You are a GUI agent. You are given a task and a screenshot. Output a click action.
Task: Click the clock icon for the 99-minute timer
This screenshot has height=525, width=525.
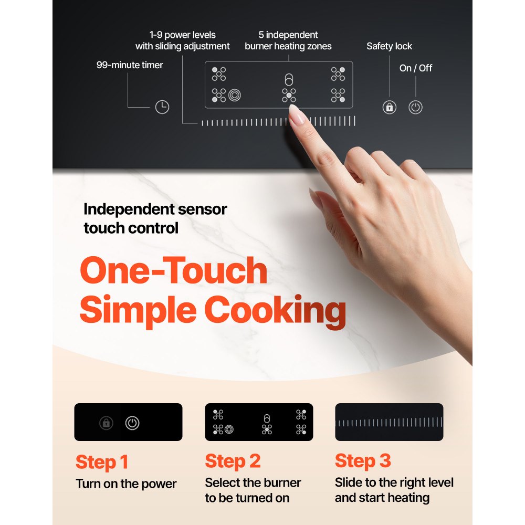pyautogui.click(x=162, y=107)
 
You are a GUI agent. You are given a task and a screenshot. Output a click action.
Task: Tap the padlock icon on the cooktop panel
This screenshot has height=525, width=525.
pyautogui.click(x=389, y=108)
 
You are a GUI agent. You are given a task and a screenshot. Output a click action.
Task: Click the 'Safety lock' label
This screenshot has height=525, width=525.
pyautogui.click(x=389, y=46)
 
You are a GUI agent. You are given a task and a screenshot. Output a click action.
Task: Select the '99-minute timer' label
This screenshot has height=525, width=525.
pyautogui.click(x=130, y=65)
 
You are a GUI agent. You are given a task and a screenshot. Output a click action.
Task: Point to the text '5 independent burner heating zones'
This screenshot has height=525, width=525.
pyautogui.click(x=288, y=40)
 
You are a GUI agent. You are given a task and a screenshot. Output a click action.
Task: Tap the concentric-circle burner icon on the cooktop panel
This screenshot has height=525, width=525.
pyautogui.click(x=234, y=95)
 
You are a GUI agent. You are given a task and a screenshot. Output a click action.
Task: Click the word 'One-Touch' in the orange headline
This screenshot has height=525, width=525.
pyautogui.click(x=173, y=271)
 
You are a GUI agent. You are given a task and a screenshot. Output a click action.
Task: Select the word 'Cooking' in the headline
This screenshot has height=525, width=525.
pyautogui.click(x=275, y=310)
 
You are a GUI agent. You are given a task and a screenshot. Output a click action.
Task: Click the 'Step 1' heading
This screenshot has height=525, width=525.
pyautogui.click(x=102, y=462)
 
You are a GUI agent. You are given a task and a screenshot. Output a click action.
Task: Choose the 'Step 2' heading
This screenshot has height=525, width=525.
pyautogui.click(x=233, y=461)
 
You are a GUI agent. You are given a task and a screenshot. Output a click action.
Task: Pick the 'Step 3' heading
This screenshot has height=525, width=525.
pyautogui.click(x=363, y=461)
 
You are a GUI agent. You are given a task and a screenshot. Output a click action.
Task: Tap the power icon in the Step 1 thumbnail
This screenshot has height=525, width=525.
pyautogui.click(x=132, y=423)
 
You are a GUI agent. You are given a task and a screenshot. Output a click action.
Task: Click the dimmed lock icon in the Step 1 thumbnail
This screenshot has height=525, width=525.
pyautogui.click(x=107, y=423)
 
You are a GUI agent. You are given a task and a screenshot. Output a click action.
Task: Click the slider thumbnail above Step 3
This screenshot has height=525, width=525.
pyautogui.click(x=389, y=422)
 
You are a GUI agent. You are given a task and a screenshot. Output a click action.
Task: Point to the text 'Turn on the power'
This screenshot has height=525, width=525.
pyautogui.click(x=126, y=484)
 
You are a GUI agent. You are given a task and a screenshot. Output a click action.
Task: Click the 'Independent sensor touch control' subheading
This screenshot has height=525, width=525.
pyautogui.click(x=155, y=218)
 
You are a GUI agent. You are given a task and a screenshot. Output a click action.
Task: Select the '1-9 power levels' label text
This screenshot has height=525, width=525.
pyautogui.click(x=182, y=35)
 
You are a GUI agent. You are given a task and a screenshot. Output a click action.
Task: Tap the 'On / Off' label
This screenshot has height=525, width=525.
pyautogui.click(x=416, y=68)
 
